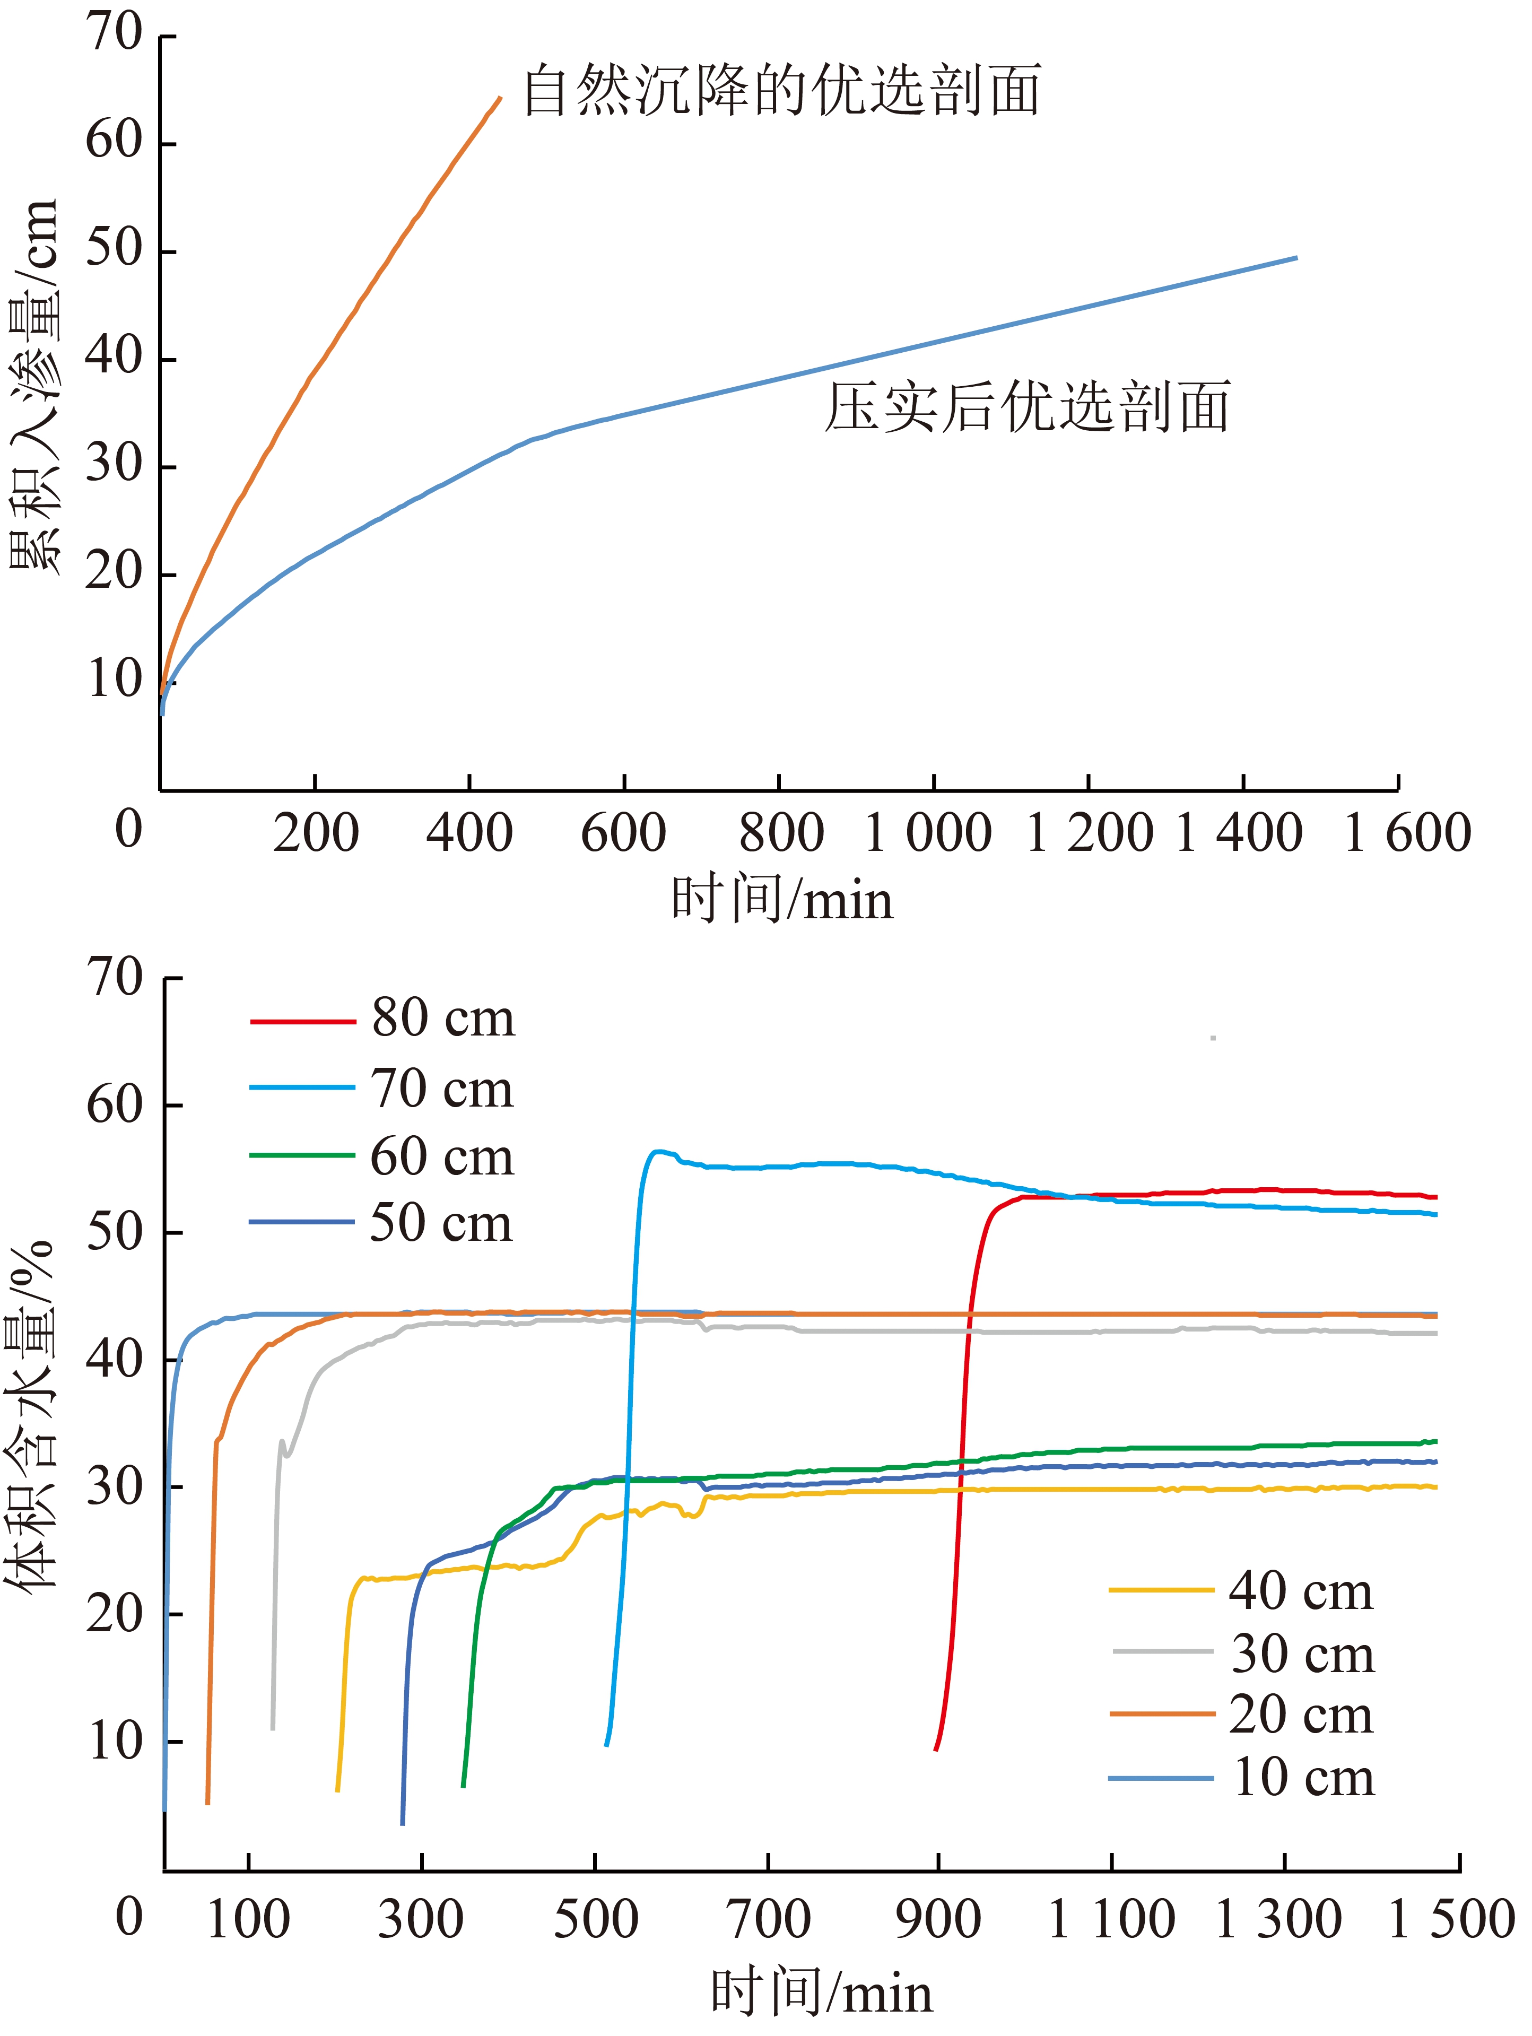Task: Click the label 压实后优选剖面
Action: tap(1026, 407)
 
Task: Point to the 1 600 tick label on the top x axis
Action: tap(1407, 832)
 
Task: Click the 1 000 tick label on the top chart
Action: tap(928, 832)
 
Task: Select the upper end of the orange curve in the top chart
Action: tap(500, 98)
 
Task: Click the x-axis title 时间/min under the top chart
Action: tap(782, 899)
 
